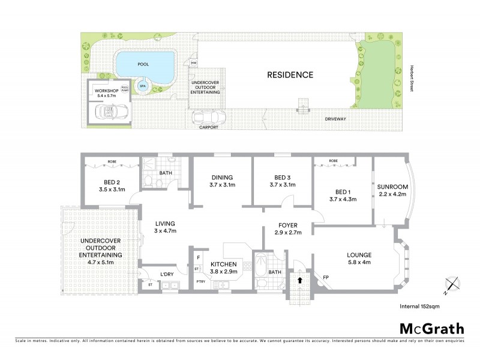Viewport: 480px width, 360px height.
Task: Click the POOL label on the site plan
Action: click(x=143, y=64)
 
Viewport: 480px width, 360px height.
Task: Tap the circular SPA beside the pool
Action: click(x=143, y=86)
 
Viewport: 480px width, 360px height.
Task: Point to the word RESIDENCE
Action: click(x=290, y=75)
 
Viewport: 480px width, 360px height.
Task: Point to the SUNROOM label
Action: click(x=392, y=190)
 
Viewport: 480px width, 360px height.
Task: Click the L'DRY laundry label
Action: click(x=167, y=275)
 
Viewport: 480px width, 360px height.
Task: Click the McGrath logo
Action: click(x=431, y=328)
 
